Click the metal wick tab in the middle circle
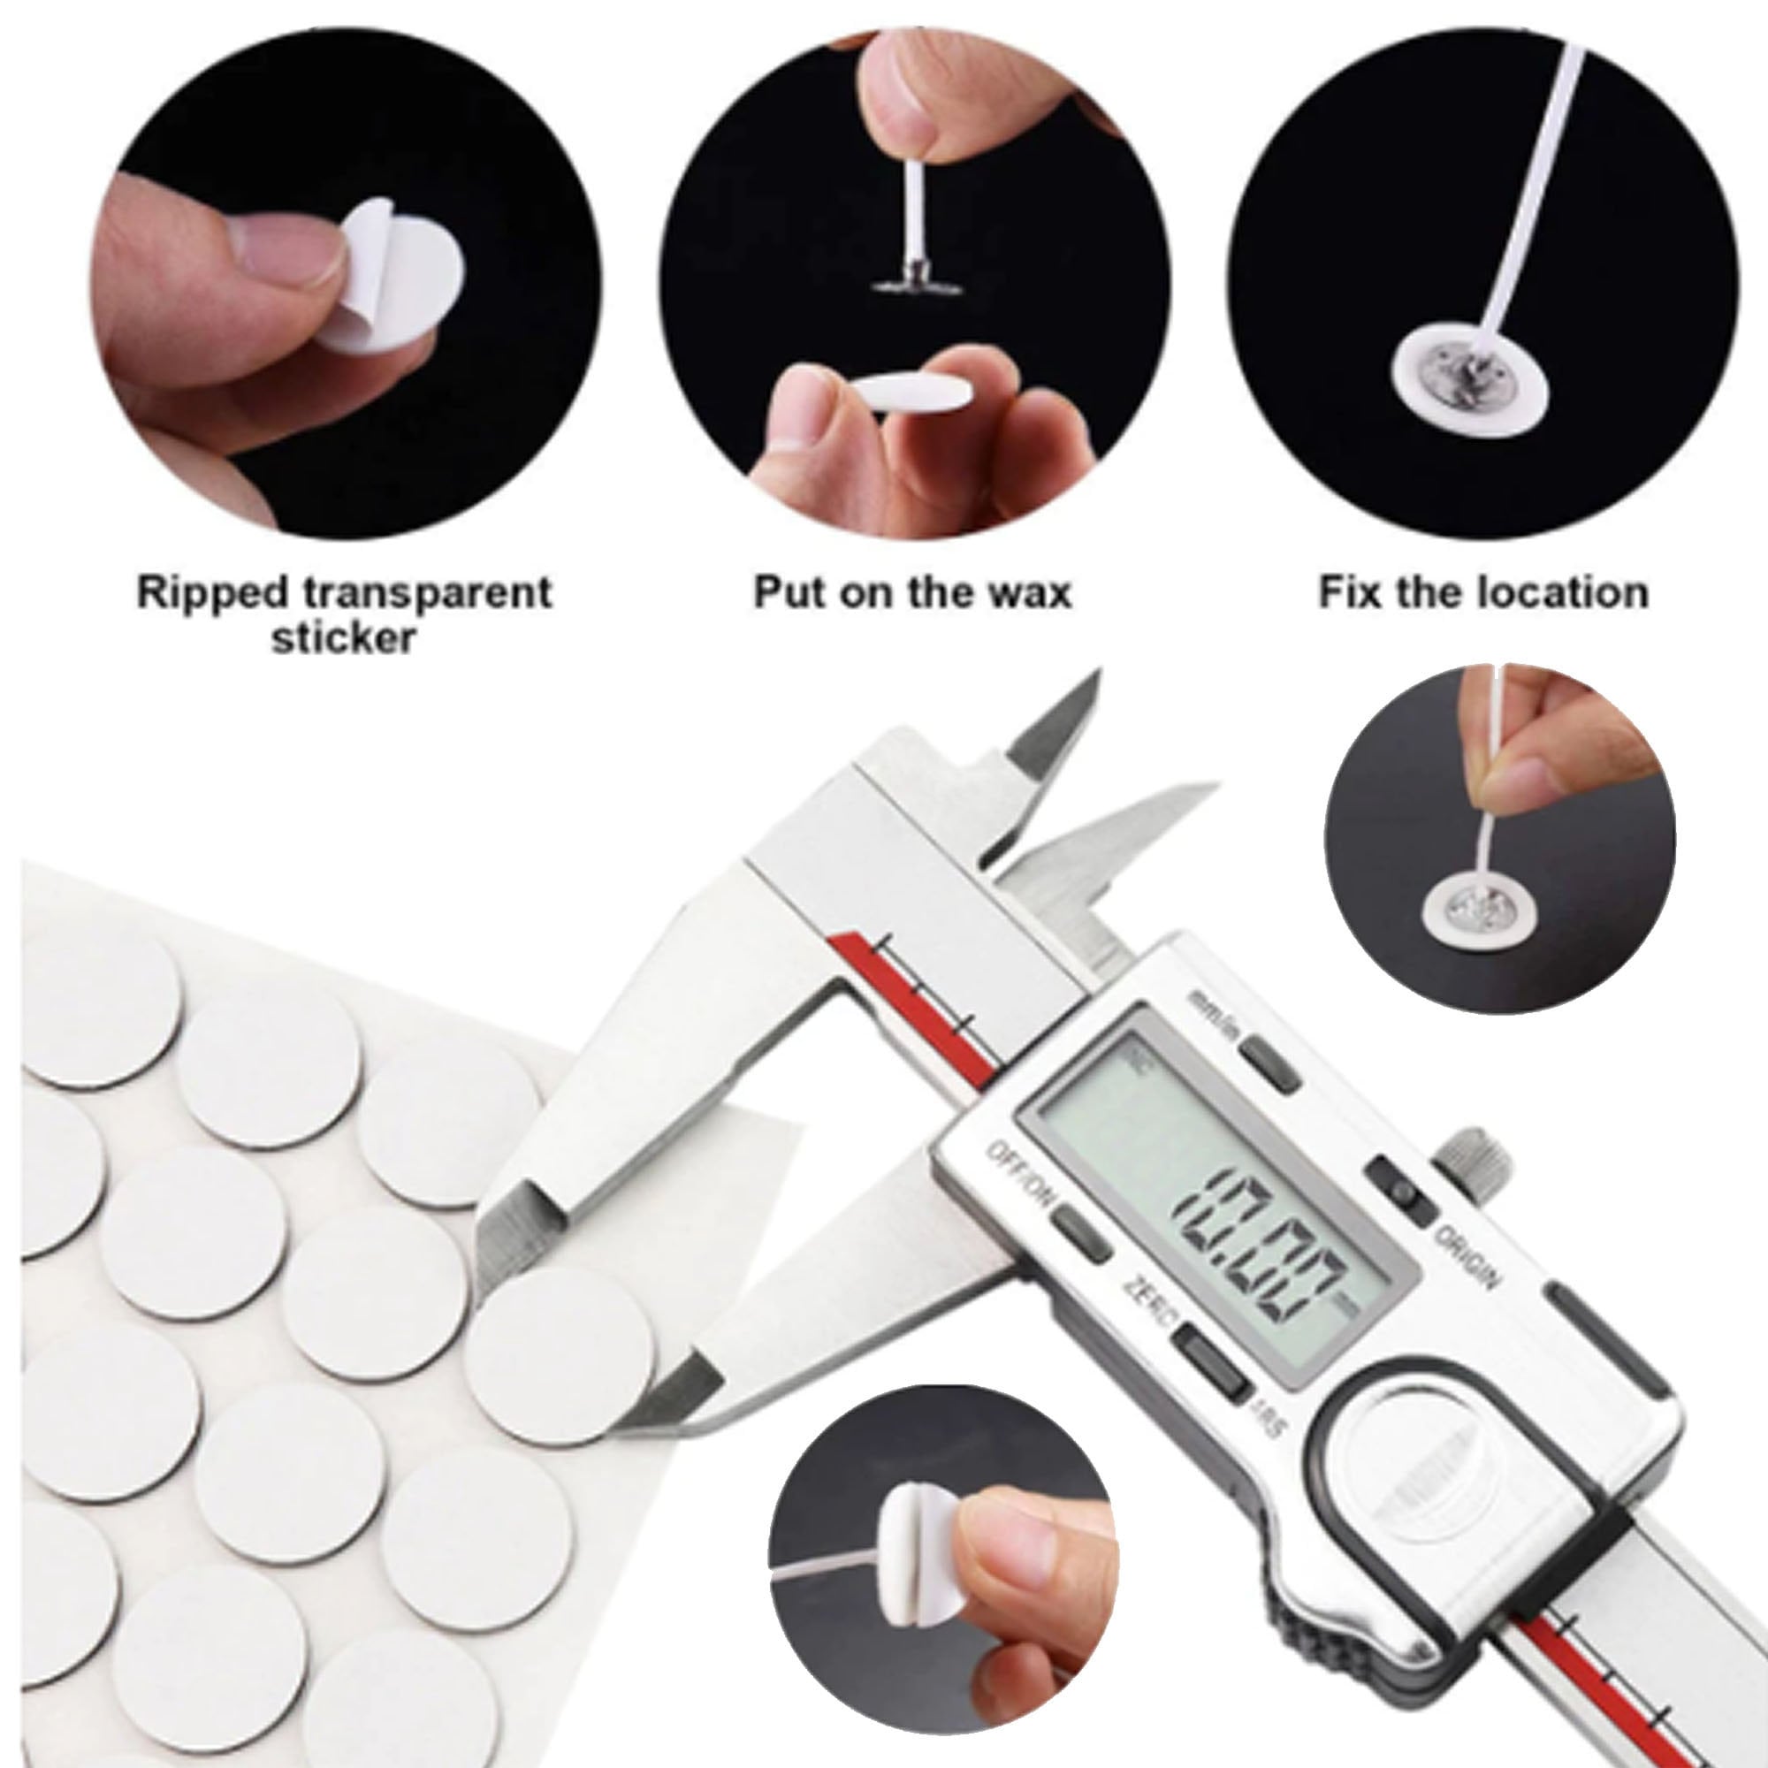click(x=915, y=278)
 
